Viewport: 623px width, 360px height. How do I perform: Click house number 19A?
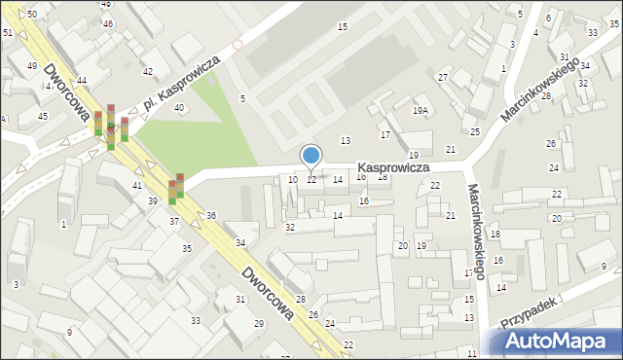(x=420, y=111)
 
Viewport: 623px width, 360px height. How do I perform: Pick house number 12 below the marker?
(x=311, y=179)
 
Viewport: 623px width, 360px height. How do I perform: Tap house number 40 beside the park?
(x=179, y=107)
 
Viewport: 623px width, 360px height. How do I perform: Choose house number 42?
(x=148, y=72)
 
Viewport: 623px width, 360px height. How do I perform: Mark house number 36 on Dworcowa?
(x=211, y=215)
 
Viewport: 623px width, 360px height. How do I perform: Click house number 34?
(x=239, y=242)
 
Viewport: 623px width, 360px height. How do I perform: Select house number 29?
(x=259, y=323)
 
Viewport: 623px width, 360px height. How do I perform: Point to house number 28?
(x=301, y=299)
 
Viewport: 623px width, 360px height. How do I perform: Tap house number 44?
(x=82, y=80)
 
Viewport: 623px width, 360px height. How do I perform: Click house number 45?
(x=43, y=116)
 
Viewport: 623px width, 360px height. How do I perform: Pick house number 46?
(x=107, y=23)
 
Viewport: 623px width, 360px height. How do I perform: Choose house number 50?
(x=32, y=14)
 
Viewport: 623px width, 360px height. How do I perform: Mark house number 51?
(x=8, y=33)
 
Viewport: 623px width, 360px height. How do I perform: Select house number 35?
(x=187, y=248)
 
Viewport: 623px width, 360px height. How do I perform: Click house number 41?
(x=137, y=184)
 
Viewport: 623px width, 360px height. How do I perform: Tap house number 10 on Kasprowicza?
(x=293, y=179)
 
